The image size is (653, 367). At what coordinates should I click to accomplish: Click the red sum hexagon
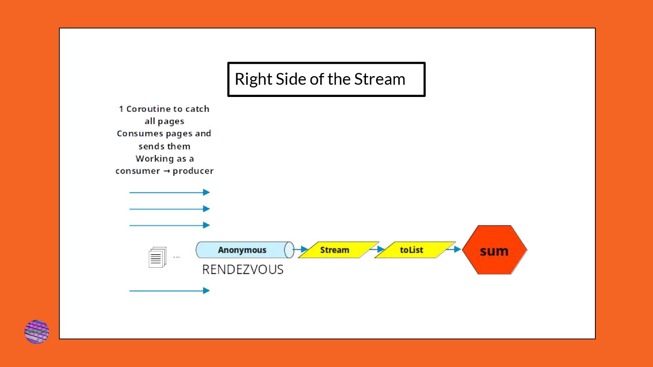pyautogui.click(x=494, y=250)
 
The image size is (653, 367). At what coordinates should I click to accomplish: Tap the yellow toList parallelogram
pyautogui.click(x=414, y=250)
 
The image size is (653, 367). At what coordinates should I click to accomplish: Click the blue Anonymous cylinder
pyautogui.click(x=243, y=250)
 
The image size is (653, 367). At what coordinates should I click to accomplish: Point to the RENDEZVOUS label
pyautogui.click(x=243, y=270)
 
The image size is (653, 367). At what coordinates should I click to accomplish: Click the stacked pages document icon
pyautogui.click(x=157, y=257)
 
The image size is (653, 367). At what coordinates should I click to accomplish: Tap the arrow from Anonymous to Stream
pyautogui.click(x=301, y=249)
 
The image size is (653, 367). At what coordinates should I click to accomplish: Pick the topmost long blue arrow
pyautogui.click(x=170, y=193)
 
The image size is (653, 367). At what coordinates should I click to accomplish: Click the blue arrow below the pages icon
pyautogui.click(x=170, y=290)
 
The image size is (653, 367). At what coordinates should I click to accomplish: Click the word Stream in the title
pyautogui.click(x=380, y=79)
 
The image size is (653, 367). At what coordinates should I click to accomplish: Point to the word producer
pyautogui.click(x=193, y=171)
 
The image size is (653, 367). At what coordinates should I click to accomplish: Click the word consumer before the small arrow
pyautogui.click(x=137, y=171)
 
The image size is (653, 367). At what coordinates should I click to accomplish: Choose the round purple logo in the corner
pyautogui.click(x=37, y=332)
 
